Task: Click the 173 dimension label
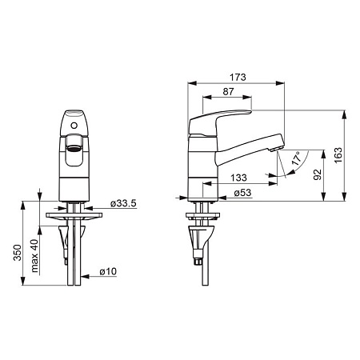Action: coord(238,77)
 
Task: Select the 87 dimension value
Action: coord(228,91)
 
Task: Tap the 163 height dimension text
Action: coord(338,155)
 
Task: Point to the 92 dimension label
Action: coord(318,174)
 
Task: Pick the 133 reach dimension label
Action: coord(238,178)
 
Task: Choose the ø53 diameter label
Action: coord(242,193)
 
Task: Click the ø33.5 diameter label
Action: coord(123,203)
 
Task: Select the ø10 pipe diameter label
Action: coord(108,271)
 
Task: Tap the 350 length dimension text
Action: coord(18,253)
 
